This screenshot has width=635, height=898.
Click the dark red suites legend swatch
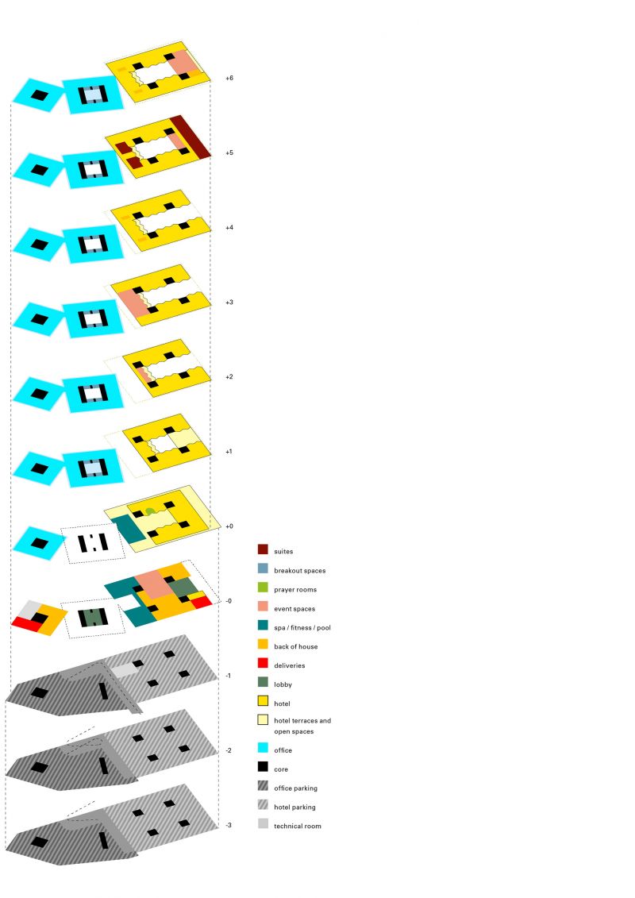click(x=262, y=549)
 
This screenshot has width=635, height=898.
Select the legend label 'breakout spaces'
click(x=299, y=571)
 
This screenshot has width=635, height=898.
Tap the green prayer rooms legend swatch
click(x=262, y=589)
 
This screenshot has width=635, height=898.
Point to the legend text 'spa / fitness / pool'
click(x=302, y=628)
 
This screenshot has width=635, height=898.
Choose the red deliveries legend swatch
click(x=262, y=665)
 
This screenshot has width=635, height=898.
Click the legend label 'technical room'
click(x=298, y=827)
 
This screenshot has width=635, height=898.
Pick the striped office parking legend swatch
click(x=262, y=788)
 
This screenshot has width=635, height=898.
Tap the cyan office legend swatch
click(x=262, y=750)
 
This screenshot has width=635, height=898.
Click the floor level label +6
click(x=229, y=79)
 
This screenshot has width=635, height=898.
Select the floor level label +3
click(x=229, y=303)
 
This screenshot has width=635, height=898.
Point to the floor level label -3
click(x=229, y=825)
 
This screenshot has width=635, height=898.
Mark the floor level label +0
click(x=229, y=526)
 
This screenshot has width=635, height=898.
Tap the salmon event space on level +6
click(x=184, y=61)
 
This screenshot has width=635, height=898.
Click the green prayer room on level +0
click(x=149, y=511)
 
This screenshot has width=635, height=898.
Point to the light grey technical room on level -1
click(x=124, y=670)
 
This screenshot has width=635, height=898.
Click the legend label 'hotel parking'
click(x=294, y=807)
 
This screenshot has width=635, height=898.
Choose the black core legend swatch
click(x=262, y=768)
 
